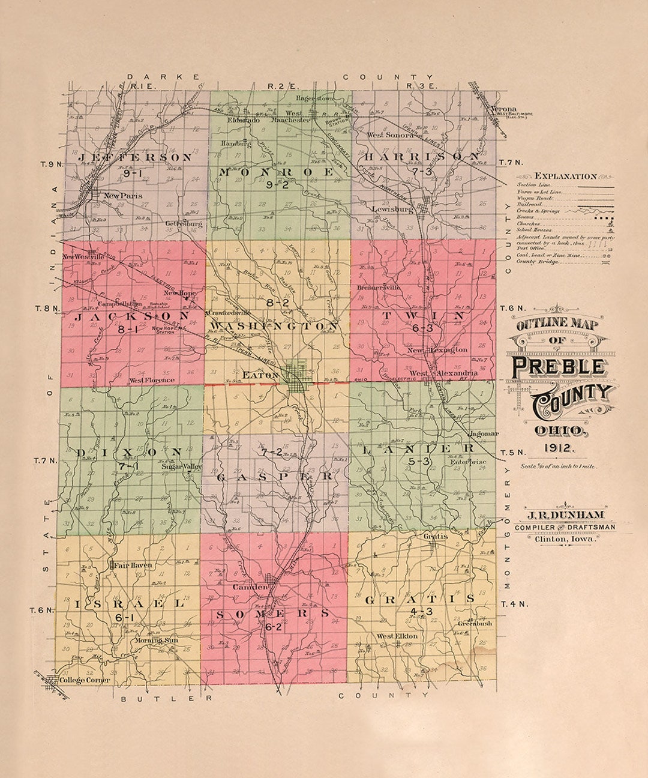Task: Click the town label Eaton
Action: tap(260, 375)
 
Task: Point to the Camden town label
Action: tap(249, 587)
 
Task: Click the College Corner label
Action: tap(85, 680)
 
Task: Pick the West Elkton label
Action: tap(397, 636)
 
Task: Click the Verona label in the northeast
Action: tap(503, 109)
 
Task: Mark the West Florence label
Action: tap(152, 380)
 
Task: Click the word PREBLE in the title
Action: tap(557, 367)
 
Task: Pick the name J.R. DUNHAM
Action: tap(565, 515)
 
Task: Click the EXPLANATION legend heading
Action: tap(565, 176)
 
